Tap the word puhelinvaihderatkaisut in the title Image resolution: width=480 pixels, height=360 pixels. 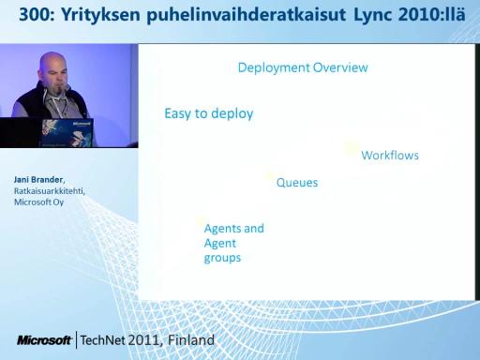click(247, 16)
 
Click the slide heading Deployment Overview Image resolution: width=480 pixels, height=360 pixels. click(303, 67)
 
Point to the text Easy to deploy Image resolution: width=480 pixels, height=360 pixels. click(209, 113)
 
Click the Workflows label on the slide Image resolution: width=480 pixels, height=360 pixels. click(390, 156)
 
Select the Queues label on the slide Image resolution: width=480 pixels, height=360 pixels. click(297, 183)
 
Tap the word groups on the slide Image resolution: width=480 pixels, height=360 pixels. click(222, 258)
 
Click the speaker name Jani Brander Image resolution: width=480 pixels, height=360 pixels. click(38, 180)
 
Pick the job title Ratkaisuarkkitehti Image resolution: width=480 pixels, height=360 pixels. click(49, 191)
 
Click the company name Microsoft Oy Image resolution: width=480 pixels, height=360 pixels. click(38, 202)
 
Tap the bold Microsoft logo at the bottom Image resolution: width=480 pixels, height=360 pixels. click(44, 340)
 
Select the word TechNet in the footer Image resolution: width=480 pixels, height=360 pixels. click(102, 340)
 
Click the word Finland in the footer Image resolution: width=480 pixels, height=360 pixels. click(191, 340)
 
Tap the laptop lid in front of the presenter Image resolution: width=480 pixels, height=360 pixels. click(67, 132)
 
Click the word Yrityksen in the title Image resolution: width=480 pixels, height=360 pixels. click(100, 15)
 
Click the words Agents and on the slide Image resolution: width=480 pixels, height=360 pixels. click(234, 229)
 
